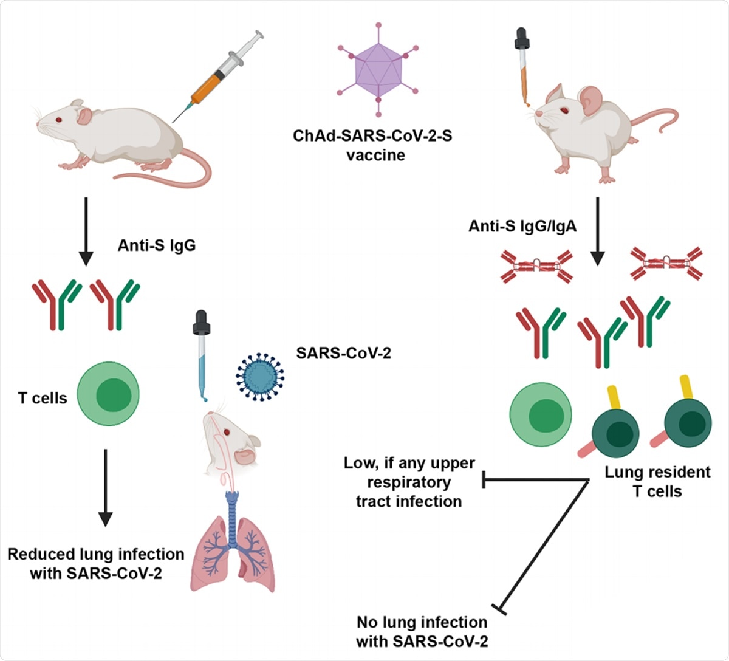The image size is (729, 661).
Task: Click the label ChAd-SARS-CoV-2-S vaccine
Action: [372, 145]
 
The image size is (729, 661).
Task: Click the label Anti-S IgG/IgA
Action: [522, 227]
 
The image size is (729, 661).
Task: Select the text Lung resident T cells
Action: [657, 481]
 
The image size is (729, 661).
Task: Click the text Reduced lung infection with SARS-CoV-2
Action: [96, 563]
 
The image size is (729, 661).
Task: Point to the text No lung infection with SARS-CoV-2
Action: [422, 631]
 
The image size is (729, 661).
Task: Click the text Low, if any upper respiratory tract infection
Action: [409, 482]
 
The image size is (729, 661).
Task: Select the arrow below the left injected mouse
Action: [86, 231]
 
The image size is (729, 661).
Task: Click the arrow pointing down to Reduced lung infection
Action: [105, 487]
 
